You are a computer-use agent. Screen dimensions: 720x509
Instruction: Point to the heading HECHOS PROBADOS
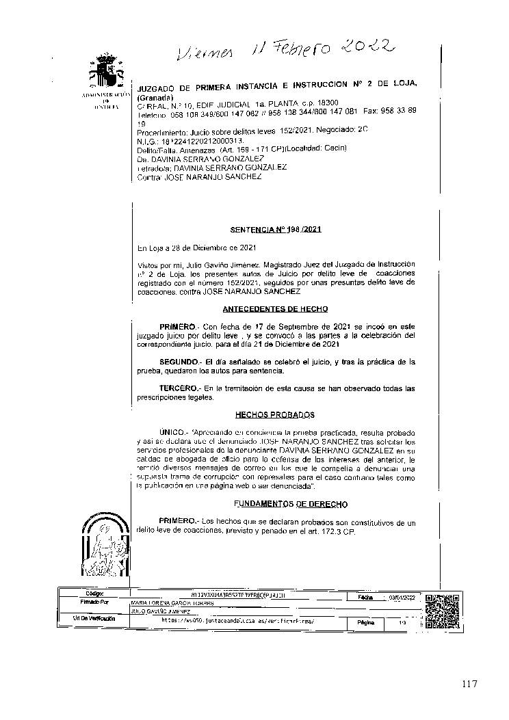275,414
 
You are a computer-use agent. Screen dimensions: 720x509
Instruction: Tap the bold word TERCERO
177,388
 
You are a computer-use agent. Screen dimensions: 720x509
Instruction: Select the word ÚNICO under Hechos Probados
172,433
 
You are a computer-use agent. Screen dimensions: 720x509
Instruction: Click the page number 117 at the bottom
469,684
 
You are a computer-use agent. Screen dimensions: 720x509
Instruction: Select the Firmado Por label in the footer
94,603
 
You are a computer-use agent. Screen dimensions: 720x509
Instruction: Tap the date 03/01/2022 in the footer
402,597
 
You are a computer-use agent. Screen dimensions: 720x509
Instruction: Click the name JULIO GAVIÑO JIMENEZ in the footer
157,611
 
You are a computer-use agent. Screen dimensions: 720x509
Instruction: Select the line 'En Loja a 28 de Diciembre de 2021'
197,247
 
